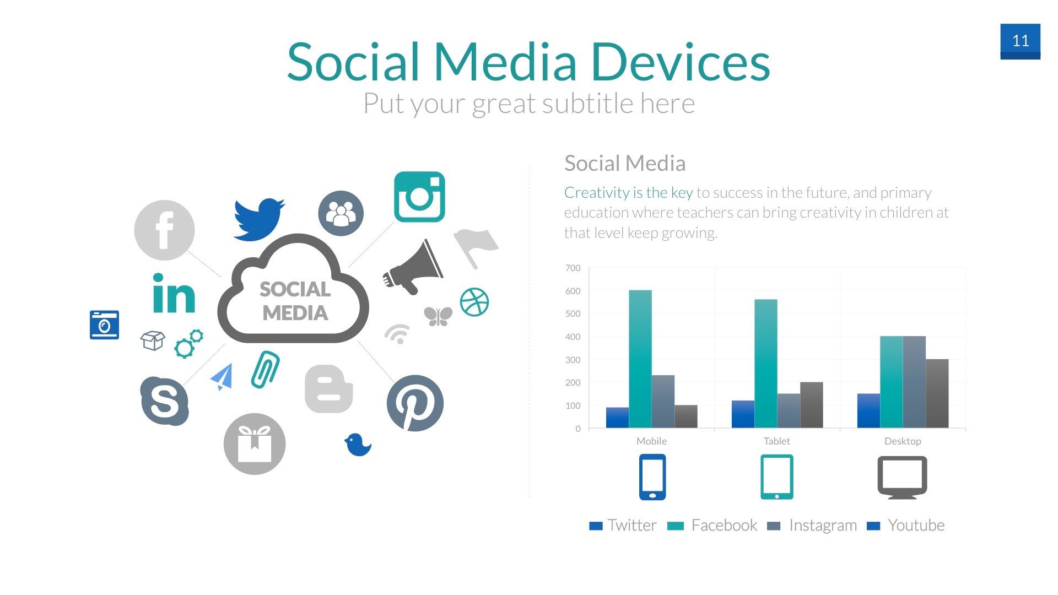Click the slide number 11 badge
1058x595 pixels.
[x=1020, y=41]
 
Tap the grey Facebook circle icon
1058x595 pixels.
[x=164, y=230]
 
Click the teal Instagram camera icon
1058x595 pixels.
[x=419, y=197]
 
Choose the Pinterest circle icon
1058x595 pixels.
[x=415, y=403]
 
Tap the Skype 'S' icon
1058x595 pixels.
[x=164, y=401]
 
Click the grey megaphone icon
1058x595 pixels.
[x=413, y=267]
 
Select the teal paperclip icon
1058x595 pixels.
[x=265, y=370]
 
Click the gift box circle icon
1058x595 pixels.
[x=255, y=444]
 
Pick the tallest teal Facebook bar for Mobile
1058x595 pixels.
[x=640, y=359]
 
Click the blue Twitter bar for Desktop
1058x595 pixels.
[x=868, y=411]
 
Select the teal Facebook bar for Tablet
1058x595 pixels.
[x=766, y=364]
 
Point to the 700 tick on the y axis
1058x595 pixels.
[x=573, y=268]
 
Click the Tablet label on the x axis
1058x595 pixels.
[x=776, y=441]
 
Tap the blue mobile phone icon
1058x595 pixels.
[x=652, y=477]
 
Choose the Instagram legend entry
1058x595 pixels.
[x=812, y=526]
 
